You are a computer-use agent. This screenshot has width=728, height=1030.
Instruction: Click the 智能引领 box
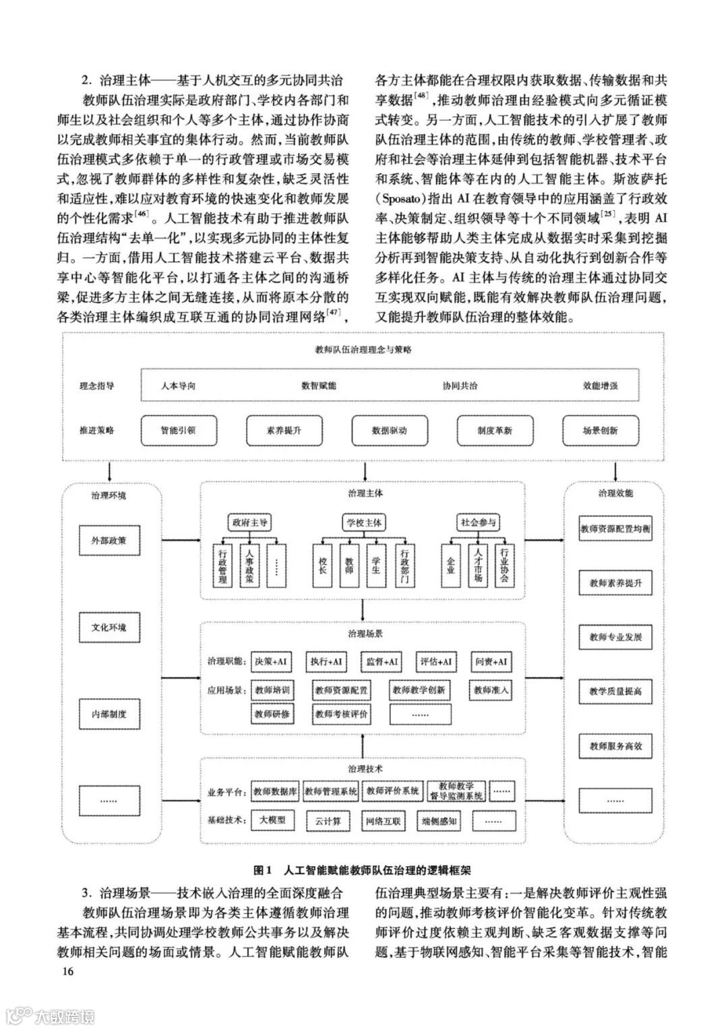click(x=178, y=430)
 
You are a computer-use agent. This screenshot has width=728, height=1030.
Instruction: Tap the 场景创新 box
click(x=599, y=430)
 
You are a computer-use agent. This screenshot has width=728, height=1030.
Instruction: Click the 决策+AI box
click(x=270, y=662)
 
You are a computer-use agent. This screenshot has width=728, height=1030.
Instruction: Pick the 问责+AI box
click(x=491, y=662)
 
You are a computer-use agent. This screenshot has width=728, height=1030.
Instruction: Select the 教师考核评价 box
click(x=341, y=713)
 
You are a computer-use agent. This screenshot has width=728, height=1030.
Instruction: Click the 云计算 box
click(x=328, y=821)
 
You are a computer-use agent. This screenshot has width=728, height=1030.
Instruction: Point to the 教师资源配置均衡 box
click(x=615, y=529)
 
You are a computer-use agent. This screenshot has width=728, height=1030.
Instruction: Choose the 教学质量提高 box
click(x=615, y=692)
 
